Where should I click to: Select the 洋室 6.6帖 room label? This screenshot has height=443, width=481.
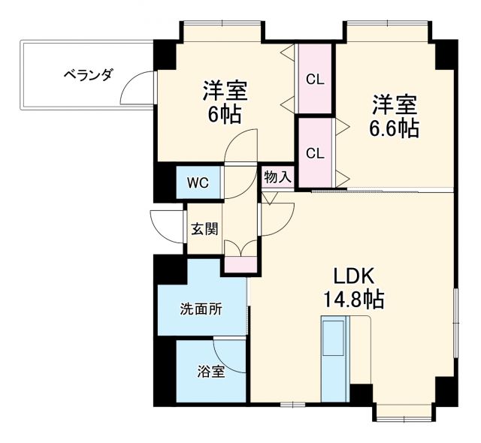[x=392, y=116]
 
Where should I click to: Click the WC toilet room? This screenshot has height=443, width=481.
[x=198, y=182]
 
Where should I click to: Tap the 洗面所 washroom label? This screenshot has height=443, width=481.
[x=201, y=309]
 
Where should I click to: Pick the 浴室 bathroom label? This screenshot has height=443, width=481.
[x=211, y=371]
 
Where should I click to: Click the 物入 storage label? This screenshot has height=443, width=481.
[x=277, y=176]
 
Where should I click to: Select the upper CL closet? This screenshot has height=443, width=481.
[x=315, y=78]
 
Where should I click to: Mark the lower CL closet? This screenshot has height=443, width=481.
[x=315, y=152]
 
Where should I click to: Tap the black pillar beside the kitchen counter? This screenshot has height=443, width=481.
[x=362, y=393]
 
